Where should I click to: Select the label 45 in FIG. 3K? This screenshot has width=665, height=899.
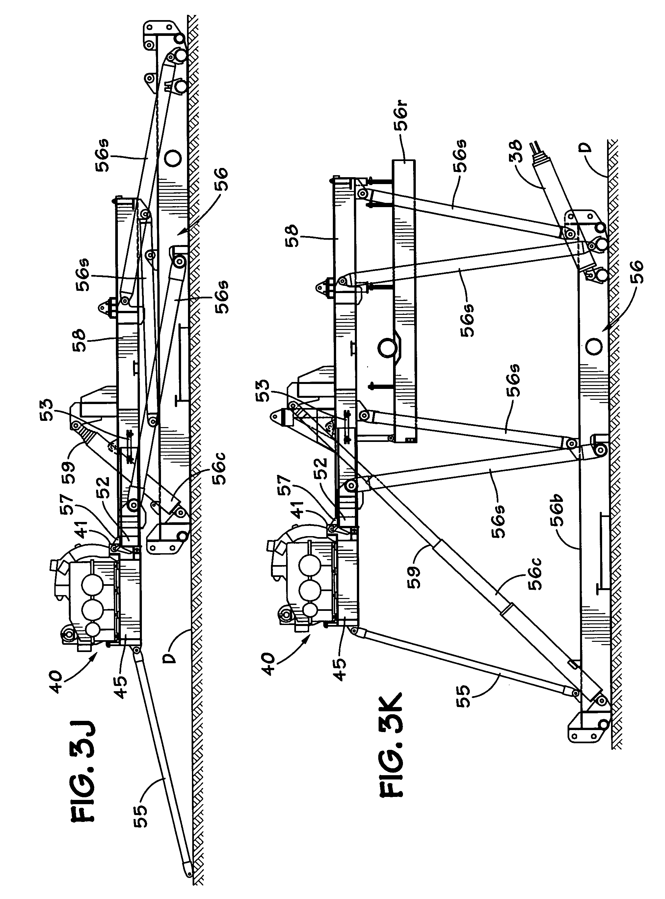pyautogui.click(x=340, y=669)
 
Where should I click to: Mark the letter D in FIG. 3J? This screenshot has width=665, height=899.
pyautogui.click(x=171, y=658)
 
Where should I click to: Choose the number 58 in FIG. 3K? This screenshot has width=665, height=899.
pyautogui.click(x=293, y=235)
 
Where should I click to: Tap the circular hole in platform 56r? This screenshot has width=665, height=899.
pyautogui.click(x=387, y=347)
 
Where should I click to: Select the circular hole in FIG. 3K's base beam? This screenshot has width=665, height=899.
pyautogui.click(x=594, y=346)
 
